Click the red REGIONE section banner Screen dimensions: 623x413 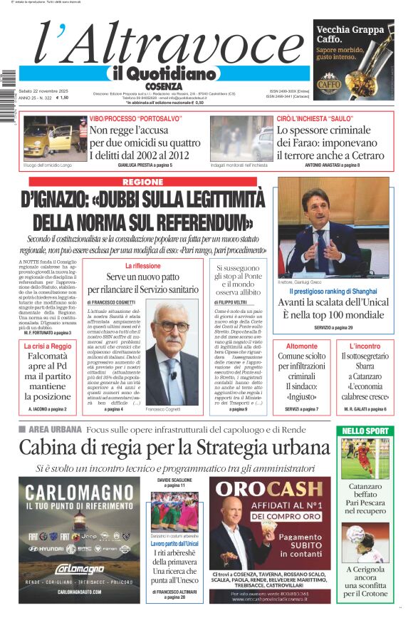click(142, 182)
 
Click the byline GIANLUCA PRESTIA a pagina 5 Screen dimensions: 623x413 click(145, 165)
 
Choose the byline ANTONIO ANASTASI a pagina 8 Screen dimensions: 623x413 click(332, 165)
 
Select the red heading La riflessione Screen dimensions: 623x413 click(142, 266)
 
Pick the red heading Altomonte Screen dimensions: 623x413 click(301, 346)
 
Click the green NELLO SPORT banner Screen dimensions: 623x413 click(366, 431)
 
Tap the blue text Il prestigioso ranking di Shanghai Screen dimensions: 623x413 click(332, 292)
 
